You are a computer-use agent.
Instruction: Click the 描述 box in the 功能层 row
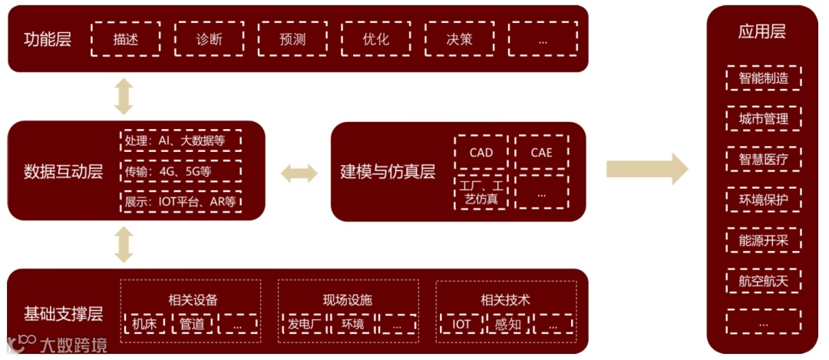point(126,39)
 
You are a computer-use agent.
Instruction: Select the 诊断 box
point(209,39)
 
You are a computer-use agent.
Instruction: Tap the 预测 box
point(292,39)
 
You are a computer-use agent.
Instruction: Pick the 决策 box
point(459,39)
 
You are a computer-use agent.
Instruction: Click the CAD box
point(481,153)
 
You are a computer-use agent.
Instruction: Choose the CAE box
point(541,153)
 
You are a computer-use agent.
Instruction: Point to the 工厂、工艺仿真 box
point(481,192)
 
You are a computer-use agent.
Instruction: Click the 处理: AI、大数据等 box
point(181,141)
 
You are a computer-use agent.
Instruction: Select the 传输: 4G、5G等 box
point(181,172)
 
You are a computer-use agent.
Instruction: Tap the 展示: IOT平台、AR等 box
point(181,202)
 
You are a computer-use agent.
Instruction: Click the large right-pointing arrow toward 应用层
point(647,169)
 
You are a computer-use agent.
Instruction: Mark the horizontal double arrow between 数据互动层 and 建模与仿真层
point(299,173)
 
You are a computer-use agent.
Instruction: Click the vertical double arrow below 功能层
point(124,96)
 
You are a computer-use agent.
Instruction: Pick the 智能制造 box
point(763,78)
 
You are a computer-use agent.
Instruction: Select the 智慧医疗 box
point(763,160)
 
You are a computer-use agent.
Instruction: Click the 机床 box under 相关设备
point(144,324)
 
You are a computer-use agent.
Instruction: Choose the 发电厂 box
point(304,324)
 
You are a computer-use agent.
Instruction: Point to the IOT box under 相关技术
point(461,324)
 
